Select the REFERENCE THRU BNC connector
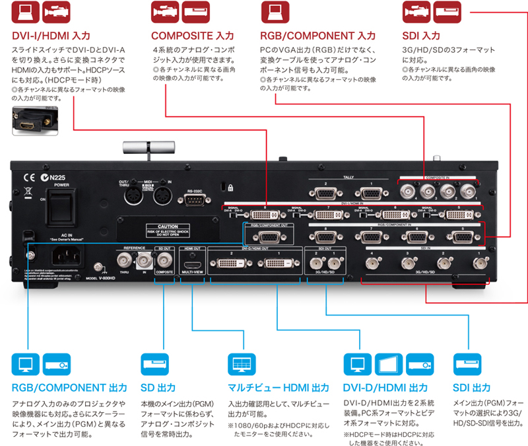tap(123, 262)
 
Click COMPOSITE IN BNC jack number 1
tap(469, 192)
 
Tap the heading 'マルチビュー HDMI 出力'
tap(278, 387)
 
